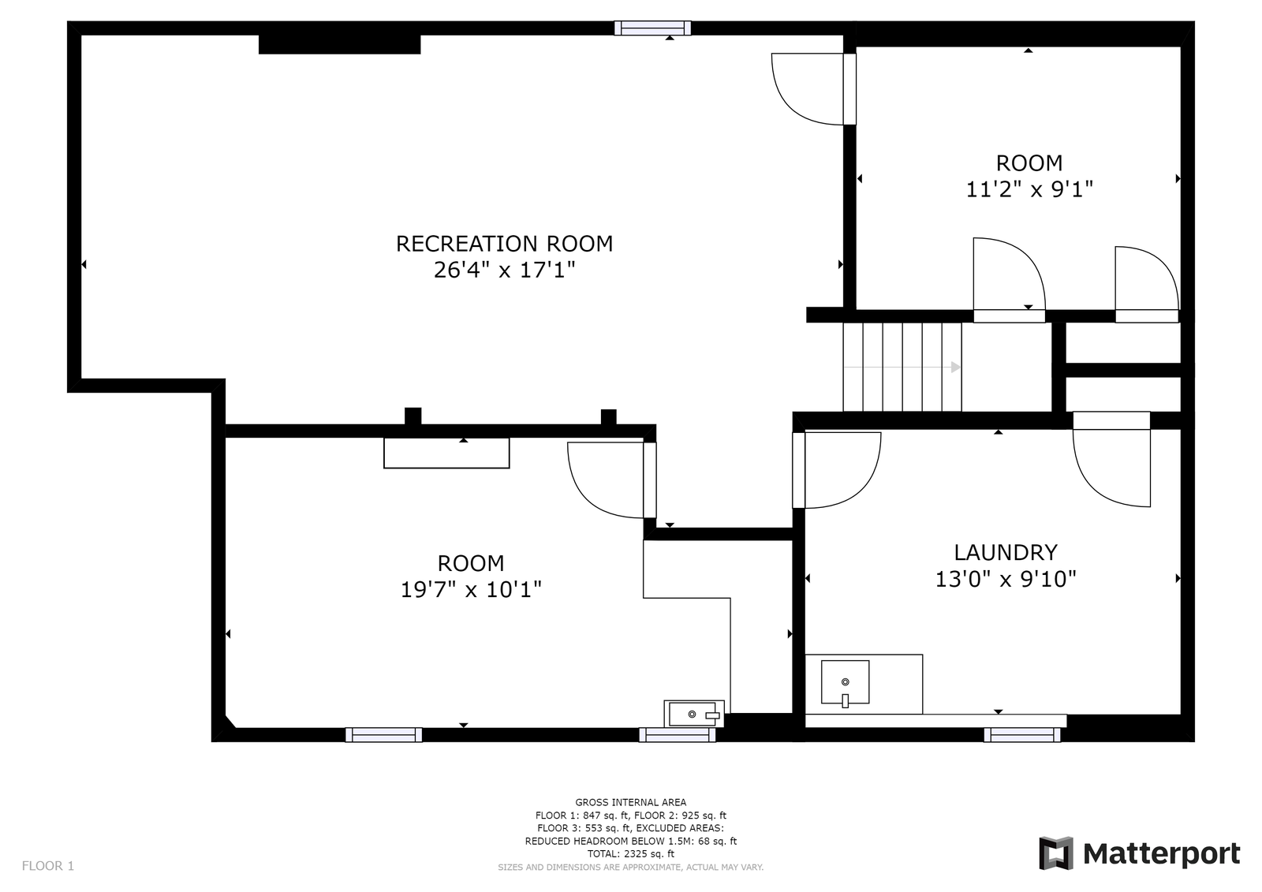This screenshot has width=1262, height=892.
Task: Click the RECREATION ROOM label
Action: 504,244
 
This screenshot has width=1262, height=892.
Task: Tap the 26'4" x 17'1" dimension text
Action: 504,270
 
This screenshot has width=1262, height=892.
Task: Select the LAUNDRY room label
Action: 1006,552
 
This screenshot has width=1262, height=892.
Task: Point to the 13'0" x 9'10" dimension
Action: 1006,579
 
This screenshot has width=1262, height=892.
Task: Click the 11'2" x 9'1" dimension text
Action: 1029,189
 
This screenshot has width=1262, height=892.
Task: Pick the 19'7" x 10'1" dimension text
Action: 471,589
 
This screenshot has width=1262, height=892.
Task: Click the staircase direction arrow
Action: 902,368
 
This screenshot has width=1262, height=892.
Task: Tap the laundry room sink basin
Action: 845,682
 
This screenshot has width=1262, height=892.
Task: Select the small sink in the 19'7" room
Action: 694,714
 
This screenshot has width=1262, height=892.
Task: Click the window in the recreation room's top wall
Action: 652,28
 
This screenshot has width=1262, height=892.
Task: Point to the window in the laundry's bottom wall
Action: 1022,735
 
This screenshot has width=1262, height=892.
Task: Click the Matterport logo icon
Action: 1056,853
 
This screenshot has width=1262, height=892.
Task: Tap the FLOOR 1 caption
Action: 48,866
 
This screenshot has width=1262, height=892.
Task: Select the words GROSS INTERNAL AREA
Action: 630,802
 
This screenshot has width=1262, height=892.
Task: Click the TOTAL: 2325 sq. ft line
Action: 630,853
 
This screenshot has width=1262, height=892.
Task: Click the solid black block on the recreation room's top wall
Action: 340,44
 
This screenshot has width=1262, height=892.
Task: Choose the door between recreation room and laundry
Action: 798,470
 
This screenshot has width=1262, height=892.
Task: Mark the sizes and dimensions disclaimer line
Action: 630,868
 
